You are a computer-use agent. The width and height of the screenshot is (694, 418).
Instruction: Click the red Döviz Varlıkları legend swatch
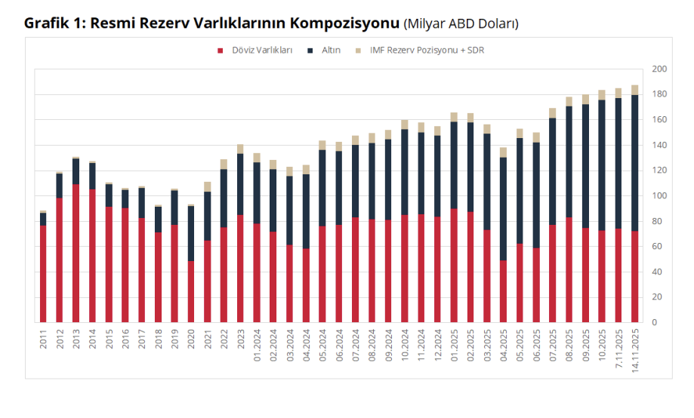pyautogui.click(x=221, y=51)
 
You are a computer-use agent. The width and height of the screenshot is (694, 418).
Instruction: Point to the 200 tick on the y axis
pyautogui.click(x=659, y=69)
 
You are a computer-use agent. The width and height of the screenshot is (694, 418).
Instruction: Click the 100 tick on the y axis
pyautogui.click(x=659, y=196)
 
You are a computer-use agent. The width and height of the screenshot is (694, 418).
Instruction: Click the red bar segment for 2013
pyautogui.click(x=76, y=253)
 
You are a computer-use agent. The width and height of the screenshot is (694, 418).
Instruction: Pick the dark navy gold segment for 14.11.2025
pyautogui.click(x=635, y=162)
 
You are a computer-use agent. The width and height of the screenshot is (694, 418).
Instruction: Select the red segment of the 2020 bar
pyautogui.click(x=191, y=292)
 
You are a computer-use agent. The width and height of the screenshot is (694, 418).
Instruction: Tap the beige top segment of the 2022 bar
pyautogui.click(x=224, y=164)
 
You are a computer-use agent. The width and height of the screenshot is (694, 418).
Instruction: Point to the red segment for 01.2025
pyautogui.click(x=454, y=265)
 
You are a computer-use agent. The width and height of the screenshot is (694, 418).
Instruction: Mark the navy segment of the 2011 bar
pyautogui.click(x=43, y=219)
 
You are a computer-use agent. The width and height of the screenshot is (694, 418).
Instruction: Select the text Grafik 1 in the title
pyautogui.click(x=54, y=23)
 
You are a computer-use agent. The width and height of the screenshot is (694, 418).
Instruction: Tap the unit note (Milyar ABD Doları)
pyautogui.click(x=461, y=23)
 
